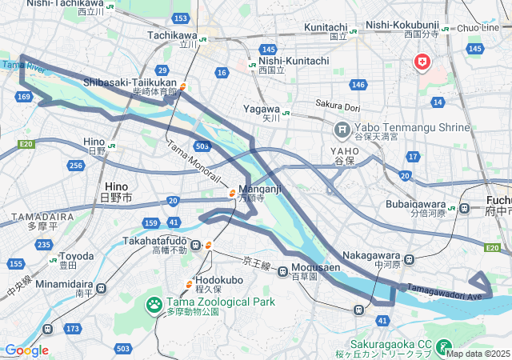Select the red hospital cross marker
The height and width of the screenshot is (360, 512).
[x=422, y=62]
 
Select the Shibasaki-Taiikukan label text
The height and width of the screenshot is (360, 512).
[x=130, y=82]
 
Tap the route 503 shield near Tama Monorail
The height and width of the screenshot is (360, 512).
[x=202, y=146]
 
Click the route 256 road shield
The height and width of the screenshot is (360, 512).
[x=76, y=165]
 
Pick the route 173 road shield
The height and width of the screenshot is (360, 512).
[x=74, y=329]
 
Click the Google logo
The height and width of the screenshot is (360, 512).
[x=26, y=350]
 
